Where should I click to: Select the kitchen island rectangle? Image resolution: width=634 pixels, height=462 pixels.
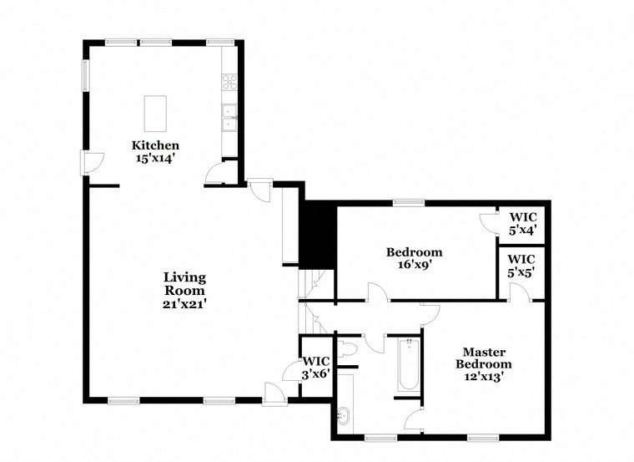(x=155, y=113)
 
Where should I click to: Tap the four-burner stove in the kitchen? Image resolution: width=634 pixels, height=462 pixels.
(x=229, y=82)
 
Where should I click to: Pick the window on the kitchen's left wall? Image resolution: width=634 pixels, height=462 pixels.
(x=83, y=74)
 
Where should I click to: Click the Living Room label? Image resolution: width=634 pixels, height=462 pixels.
(x=184, y=284)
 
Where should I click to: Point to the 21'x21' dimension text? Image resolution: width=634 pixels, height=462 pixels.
(x=184, y=304)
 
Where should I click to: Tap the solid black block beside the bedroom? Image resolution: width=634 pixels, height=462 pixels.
(x=318, y=236)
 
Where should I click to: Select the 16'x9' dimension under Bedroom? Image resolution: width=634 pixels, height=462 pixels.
(x=414, y=265)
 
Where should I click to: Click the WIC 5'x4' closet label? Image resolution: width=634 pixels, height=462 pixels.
(x=522, y=222)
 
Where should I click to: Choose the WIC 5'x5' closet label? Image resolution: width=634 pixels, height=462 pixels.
(x=522, y=266)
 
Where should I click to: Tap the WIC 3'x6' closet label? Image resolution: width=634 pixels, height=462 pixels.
(x=316, y=368)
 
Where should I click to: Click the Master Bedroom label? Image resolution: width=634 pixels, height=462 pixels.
(x=487, y=358)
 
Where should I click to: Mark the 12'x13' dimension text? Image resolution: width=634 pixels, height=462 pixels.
(x=487, y=377)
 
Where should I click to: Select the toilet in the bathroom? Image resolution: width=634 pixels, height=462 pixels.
(x=347, y=347)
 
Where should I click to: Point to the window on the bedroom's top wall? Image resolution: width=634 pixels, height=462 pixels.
(x=409, y=201)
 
